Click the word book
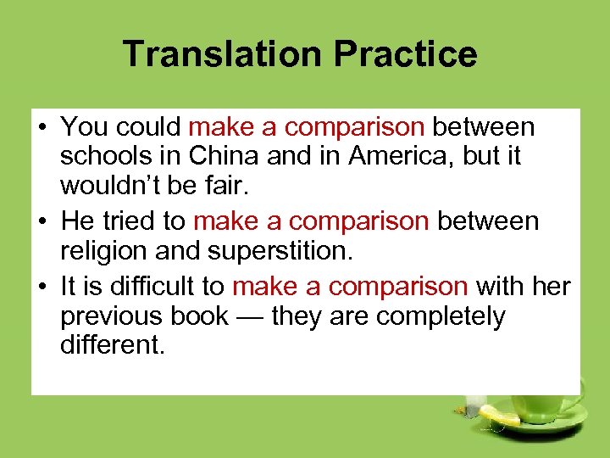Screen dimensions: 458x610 click(x=201, y=316)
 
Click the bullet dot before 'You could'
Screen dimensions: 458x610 click(x=42, y=128)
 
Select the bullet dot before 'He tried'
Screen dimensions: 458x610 click(x=42, y=222)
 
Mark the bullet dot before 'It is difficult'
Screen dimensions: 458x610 click(x=42, y=286)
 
